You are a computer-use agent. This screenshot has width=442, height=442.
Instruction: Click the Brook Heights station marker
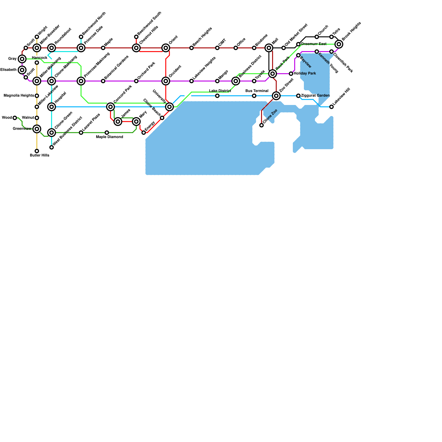point(339,44)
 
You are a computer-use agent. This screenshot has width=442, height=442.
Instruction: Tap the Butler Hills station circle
point(37,151)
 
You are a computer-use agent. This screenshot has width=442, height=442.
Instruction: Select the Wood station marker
point(15,118)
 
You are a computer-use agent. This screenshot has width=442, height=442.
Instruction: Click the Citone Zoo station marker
point(262,125)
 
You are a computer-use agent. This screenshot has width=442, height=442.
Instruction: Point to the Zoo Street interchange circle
point(276,96)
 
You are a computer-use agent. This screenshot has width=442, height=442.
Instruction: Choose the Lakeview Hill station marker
point(331,107)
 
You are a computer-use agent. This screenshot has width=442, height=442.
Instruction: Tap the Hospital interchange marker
point(52,107)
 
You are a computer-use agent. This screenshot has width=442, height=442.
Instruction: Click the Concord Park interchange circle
point(110,107)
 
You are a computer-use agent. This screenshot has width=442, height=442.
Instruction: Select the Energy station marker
point(144,133)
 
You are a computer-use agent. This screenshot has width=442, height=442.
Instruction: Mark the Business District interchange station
point(236,81)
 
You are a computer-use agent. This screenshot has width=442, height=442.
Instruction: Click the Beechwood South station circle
point(136,37)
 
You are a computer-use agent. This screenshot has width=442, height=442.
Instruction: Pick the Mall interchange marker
point(269,48)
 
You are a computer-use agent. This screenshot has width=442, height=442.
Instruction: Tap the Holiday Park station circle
point(291,74)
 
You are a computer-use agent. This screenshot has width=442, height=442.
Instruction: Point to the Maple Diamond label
point(110,137)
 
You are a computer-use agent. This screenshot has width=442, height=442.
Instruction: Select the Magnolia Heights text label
point(19,96)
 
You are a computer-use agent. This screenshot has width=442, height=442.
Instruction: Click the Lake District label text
point(220,91)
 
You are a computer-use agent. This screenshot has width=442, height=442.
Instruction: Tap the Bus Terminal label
point(257,91)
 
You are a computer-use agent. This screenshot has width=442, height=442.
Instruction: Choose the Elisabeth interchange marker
point(22,70)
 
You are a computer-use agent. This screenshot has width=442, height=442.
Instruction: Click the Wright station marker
point(37,37)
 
